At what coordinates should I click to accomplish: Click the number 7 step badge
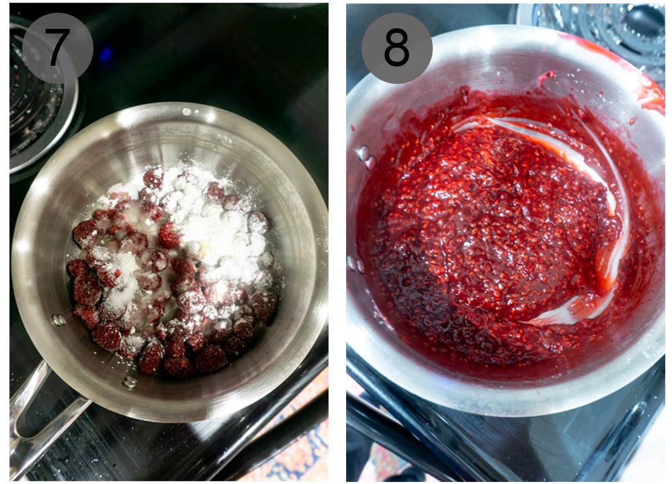(57, 48)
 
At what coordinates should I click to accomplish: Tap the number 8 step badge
(396, 48)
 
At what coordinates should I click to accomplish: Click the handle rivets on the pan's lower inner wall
(129, 382)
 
